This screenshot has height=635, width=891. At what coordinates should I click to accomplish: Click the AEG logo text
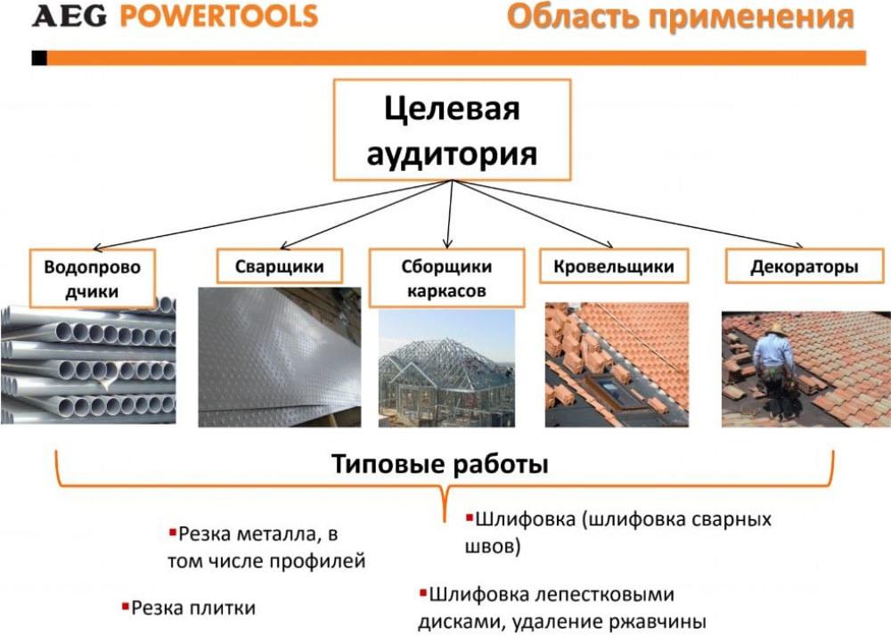[69, 16]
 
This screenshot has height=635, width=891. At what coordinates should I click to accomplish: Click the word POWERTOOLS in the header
[218, 16]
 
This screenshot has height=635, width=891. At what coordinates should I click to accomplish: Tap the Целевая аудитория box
[452, 130]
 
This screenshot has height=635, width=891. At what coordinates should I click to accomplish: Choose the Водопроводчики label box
[92, 278]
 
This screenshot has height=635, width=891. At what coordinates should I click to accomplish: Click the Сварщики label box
[280, 265]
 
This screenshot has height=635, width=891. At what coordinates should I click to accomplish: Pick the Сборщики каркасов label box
[446, 278]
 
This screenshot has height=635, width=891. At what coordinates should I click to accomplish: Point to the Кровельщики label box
[614, 265]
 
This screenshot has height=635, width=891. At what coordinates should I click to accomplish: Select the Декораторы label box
[804, 265]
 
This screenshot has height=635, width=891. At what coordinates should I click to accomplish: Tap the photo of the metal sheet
[279, 357]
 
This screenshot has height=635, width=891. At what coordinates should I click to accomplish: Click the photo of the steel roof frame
[446, 368]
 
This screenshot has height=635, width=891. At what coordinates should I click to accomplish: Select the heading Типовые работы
[440, 463]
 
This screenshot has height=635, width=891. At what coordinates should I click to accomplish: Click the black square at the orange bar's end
[39, 58]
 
